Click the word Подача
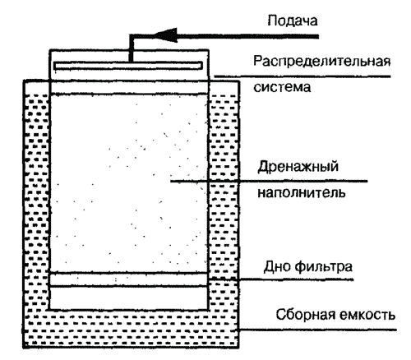click(293, 21)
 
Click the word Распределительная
click(321, 62)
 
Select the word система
click(282, 87)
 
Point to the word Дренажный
click(298, 167)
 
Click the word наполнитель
click(302, 192)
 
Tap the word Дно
click(277, 266)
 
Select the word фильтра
click(324, 266)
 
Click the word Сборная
click(305, 315)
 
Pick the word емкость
click(367, 315)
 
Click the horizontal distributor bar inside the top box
click(128, 66)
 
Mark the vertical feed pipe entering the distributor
click(131, 48)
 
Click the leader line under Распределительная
click(302, 76)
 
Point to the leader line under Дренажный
click(269, 181)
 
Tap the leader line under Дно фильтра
click(281, 279)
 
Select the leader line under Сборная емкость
click(318, 330)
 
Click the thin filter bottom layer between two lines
click(129, 279)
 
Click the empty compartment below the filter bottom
click(129, 298)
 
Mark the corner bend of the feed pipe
click(131, 36)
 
